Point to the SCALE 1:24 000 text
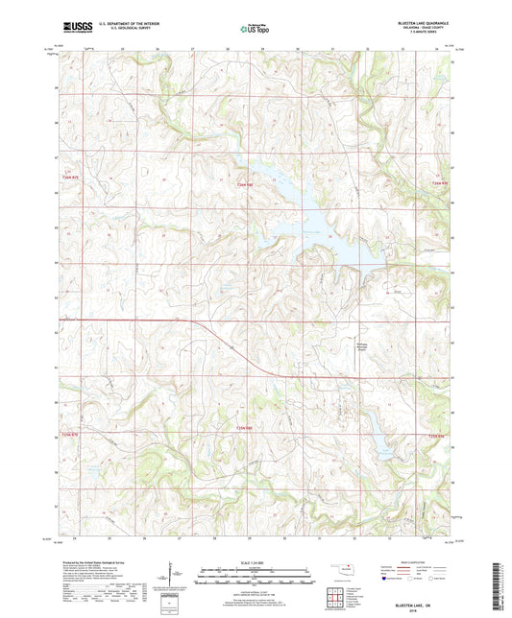pyautogui.click(x=255, y=562)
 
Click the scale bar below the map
pyautogui.click(x=255, y=579)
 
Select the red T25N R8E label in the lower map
pyautogui.click(x=244, y=428)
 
